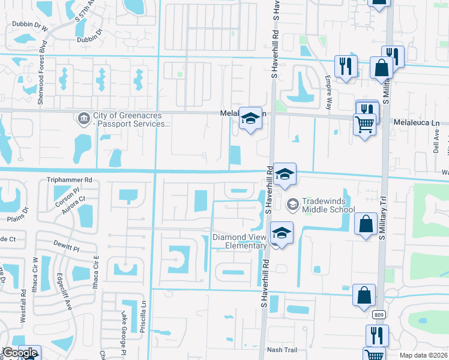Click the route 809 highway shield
[379, 314]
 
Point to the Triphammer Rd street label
[70, 179]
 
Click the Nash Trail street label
[282, 350]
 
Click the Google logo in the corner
[20, 353]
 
